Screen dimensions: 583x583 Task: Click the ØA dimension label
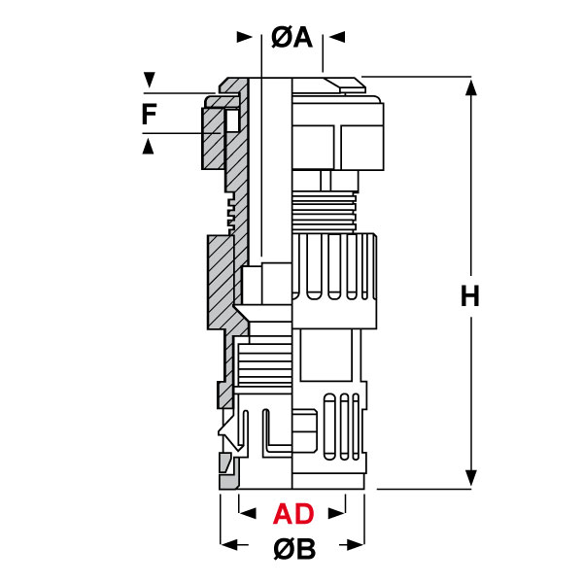click(x=291, y=38)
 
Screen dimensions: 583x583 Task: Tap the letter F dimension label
click(x=149, y=114)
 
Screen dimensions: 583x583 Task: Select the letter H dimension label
click(x=470, y=296)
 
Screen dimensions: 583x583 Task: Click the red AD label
click(x=293, y=514)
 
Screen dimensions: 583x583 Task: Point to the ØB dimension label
click(x=294, y=548)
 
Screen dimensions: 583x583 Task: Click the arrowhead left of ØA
click(x=244, y=37)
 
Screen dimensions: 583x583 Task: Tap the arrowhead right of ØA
click(x=337, y=37)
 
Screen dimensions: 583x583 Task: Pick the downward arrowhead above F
click(x=149, y=80)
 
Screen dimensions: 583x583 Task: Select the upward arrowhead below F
click(x=149, y=146)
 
